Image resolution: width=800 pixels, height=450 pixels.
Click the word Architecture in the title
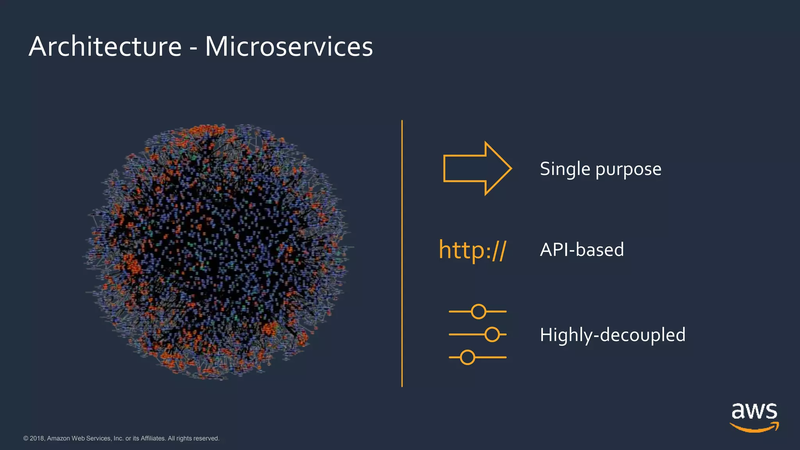point(105,47)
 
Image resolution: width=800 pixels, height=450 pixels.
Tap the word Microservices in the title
point(289,47)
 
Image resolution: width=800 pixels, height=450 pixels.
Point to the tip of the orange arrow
point(511,168)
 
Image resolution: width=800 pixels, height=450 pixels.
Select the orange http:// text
point(472,250)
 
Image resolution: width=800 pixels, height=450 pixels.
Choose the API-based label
point(582,250)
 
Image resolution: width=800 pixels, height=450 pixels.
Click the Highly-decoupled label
point(612,335)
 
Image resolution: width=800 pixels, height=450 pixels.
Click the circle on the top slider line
point(479,312)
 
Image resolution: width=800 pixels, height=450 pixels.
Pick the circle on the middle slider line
point(492,334)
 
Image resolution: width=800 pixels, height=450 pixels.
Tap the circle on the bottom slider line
point(468,357)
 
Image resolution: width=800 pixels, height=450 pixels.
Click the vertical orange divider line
point(402,254)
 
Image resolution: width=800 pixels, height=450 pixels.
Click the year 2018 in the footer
point(37,438)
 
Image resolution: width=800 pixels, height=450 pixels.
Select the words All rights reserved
point(193,438)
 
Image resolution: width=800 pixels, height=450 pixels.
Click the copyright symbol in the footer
point(26,438)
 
